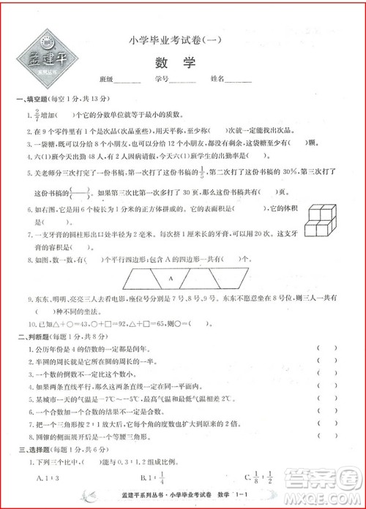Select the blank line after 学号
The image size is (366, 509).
click(183, 80)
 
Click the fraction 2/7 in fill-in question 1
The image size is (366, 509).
click(36, 115)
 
